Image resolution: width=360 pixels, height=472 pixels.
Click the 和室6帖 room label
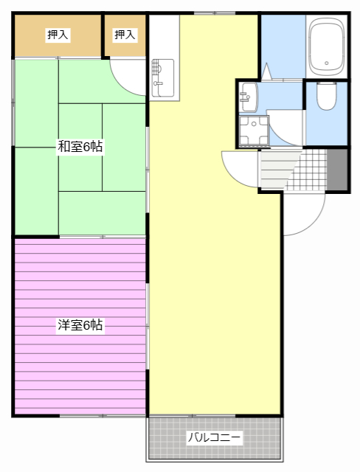pyautogui.click(x=80, y=147)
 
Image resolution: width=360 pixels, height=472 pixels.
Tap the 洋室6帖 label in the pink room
pyautogui.click(x=80, y=324)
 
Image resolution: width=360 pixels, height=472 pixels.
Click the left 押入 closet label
pyautogui.click(x=58, y=34)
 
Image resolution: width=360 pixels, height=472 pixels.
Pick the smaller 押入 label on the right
pyautogui.click(x=125, y=34)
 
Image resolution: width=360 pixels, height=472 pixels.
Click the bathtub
pyautogui.click(x=327, y=46)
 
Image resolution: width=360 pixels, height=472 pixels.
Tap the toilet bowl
pyautogui.click(x=326, y=96)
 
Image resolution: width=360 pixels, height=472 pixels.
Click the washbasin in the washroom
pyautogui.click(x=249, y=94)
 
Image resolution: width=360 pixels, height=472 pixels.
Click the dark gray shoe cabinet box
pyautogui.click(x=337, y=169)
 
